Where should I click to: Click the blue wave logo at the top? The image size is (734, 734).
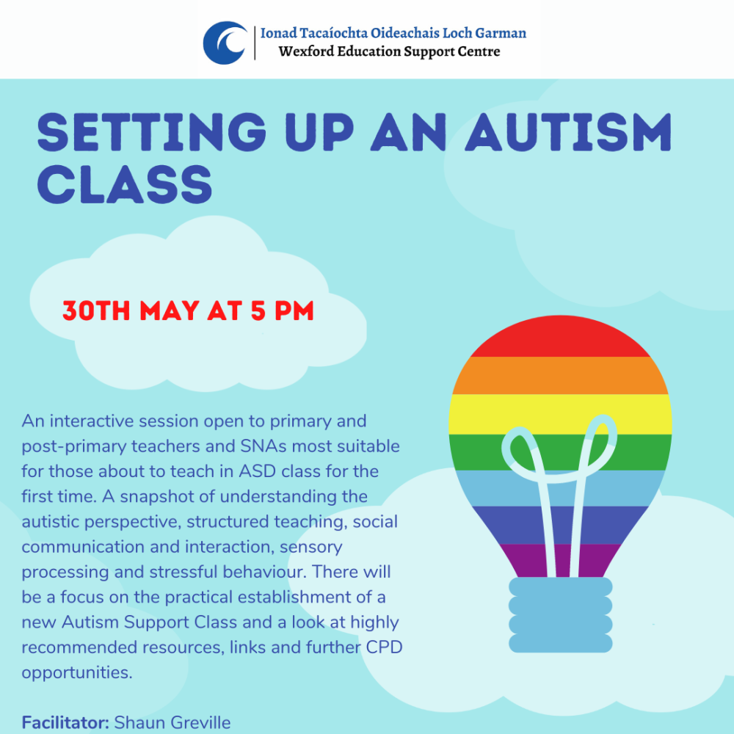click(225, 43)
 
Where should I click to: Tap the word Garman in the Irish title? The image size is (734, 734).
click(501, 33)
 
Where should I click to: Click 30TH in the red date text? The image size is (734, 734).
click(95, 311)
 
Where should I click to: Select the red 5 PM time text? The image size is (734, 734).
click(282, 311)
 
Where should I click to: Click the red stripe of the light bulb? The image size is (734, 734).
click(560, 341)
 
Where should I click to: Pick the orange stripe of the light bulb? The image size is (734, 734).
click(560, 375)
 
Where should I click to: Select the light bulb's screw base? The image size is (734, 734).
click(560, 614)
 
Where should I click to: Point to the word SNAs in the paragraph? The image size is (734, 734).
click(269, 446)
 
